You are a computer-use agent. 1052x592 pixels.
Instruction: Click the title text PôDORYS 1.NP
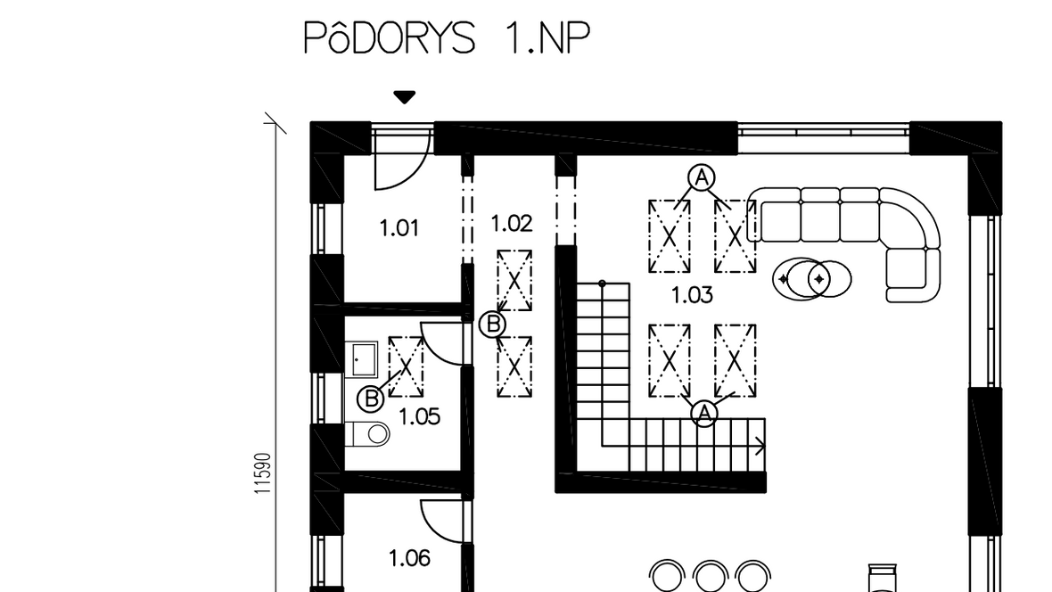point(447,37)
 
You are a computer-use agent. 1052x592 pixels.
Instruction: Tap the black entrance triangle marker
point(404,97)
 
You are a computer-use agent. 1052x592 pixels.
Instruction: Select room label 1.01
point(399,228)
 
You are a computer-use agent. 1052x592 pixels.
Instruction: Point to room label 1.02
point(511,224)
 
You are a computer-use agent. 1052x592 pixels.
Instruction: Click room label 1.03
point(692,294)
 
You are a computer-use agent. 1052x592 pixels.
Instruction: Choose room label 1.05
point(419,417)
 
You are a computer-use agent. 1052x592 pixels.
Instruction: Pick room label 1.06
point(409,558)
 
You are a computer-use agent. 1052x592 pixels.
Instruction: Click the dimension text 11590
point(263,474)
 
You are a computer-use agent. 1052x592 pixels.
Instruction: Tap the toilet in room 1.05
point(367,434)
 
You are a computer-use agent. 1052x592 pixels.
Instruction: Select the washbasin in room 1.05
point(362,360)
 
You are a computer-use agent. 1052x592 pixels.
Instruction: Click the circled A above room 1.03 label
point(701,178)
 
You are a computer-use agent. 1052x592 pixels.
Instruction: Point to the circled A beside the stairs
point(703,413)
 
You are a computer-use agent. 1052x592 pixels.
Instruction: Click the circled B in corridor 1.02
point(492,325)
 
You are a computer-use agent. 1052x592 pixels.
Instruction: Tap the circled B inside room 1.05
point(370,399)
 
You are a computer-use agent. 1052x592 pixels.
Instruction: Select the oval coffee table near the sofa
point(812,278)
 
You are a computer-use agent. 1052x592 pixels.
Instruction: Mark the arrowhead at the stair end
point(761,445)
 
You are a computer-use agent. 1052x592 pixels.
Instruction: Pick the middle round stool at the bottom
point(711,577)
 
